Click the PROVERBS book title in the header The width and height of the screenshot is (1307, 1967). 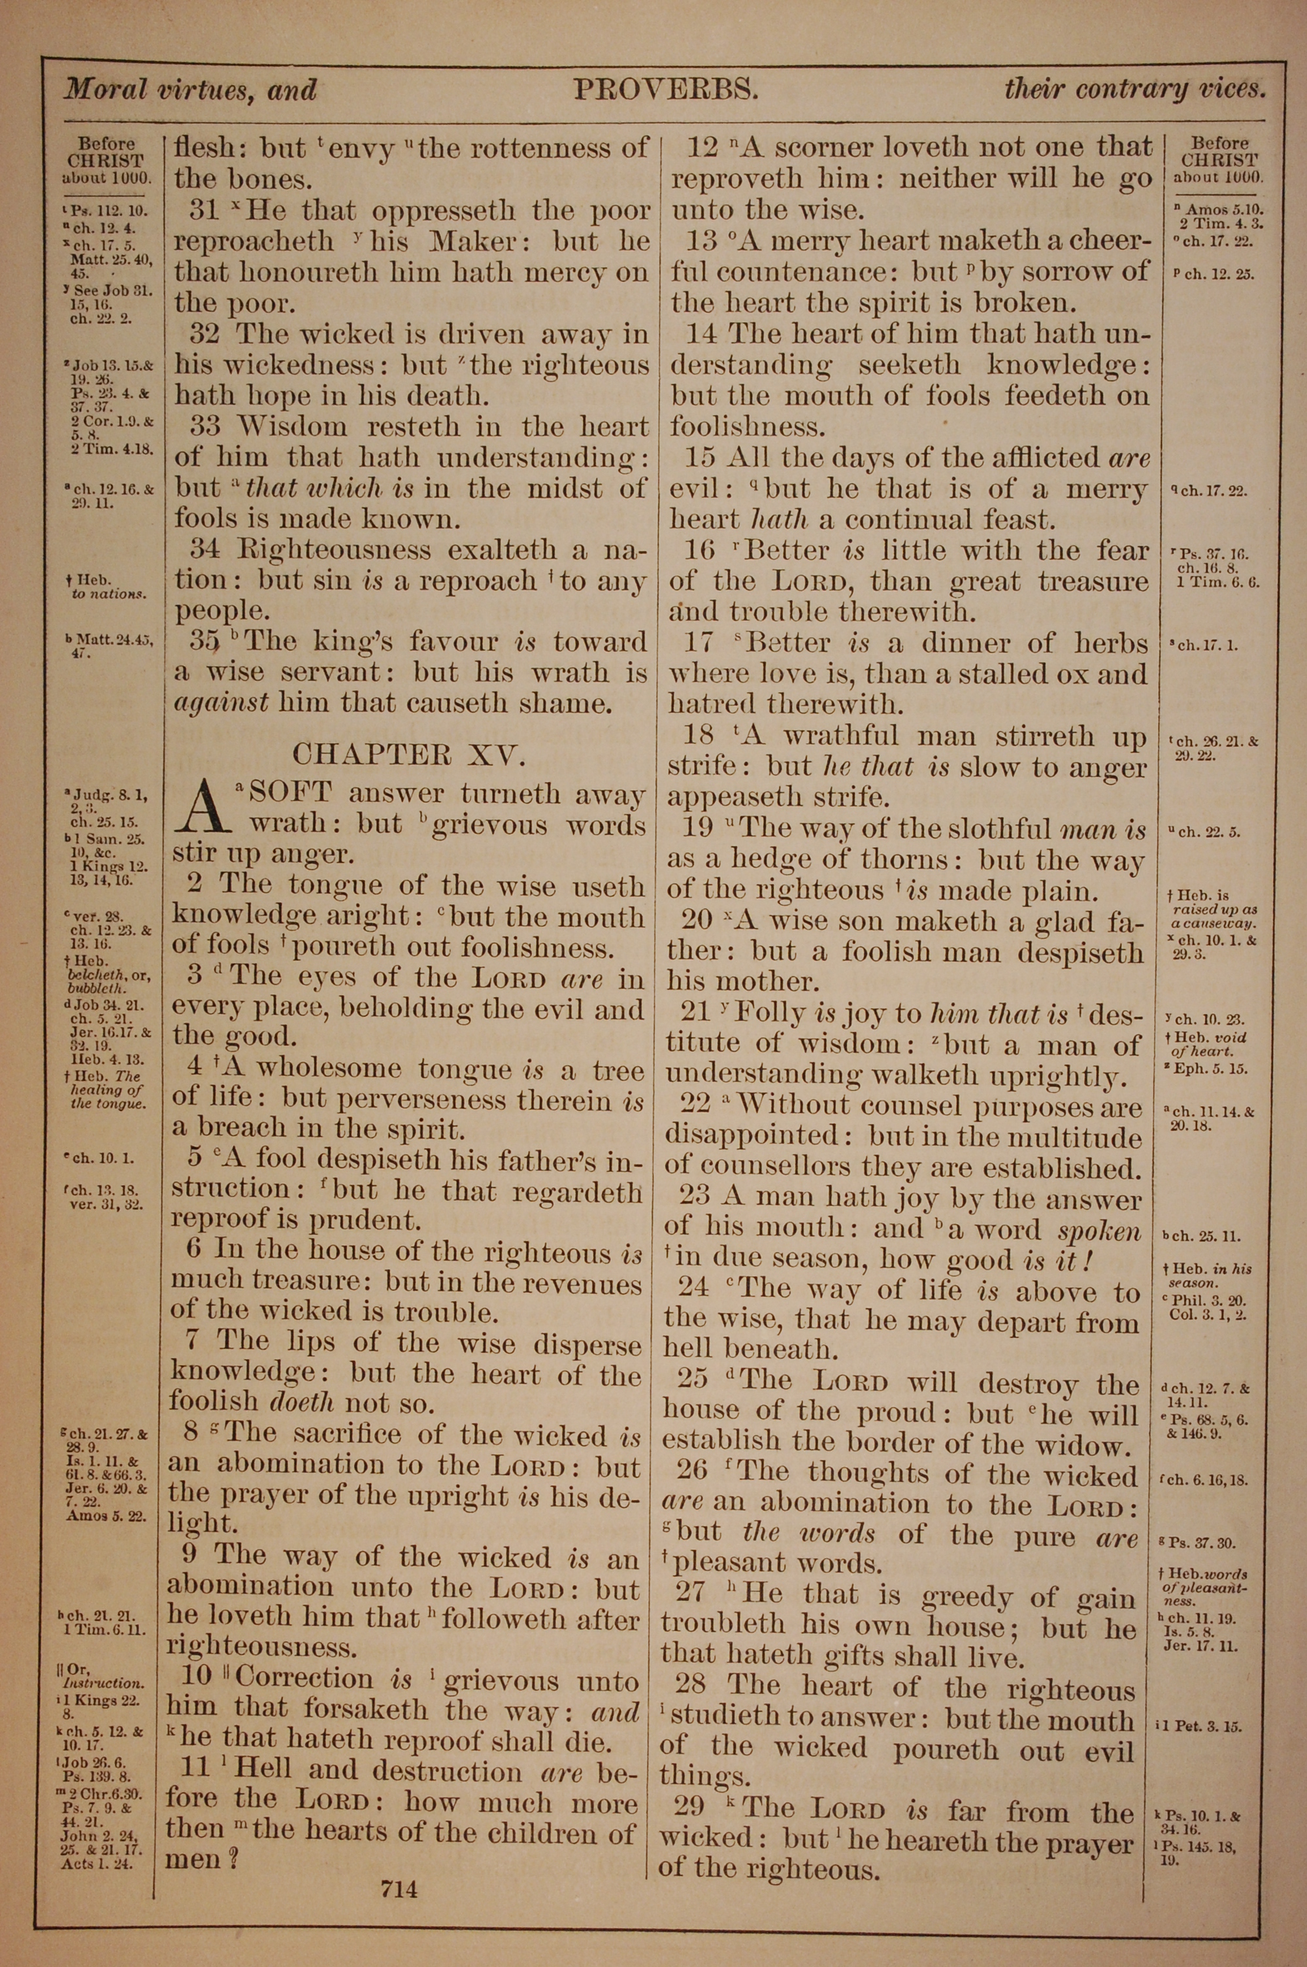pyautogui.click(x=665, y=88)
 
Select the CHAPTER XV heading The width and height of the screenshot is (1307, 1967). pyautogui.click(x=408, y=755)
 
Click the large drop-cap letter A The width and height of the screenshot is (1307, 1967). pyautogui.click(x=199, y=808)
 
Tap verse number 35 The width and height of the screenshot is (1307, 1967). pyautogui.click(x=204, y=641)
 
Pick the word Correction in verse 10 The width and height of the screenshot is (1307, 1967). pyautogui.click(x=305, y=1679)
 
